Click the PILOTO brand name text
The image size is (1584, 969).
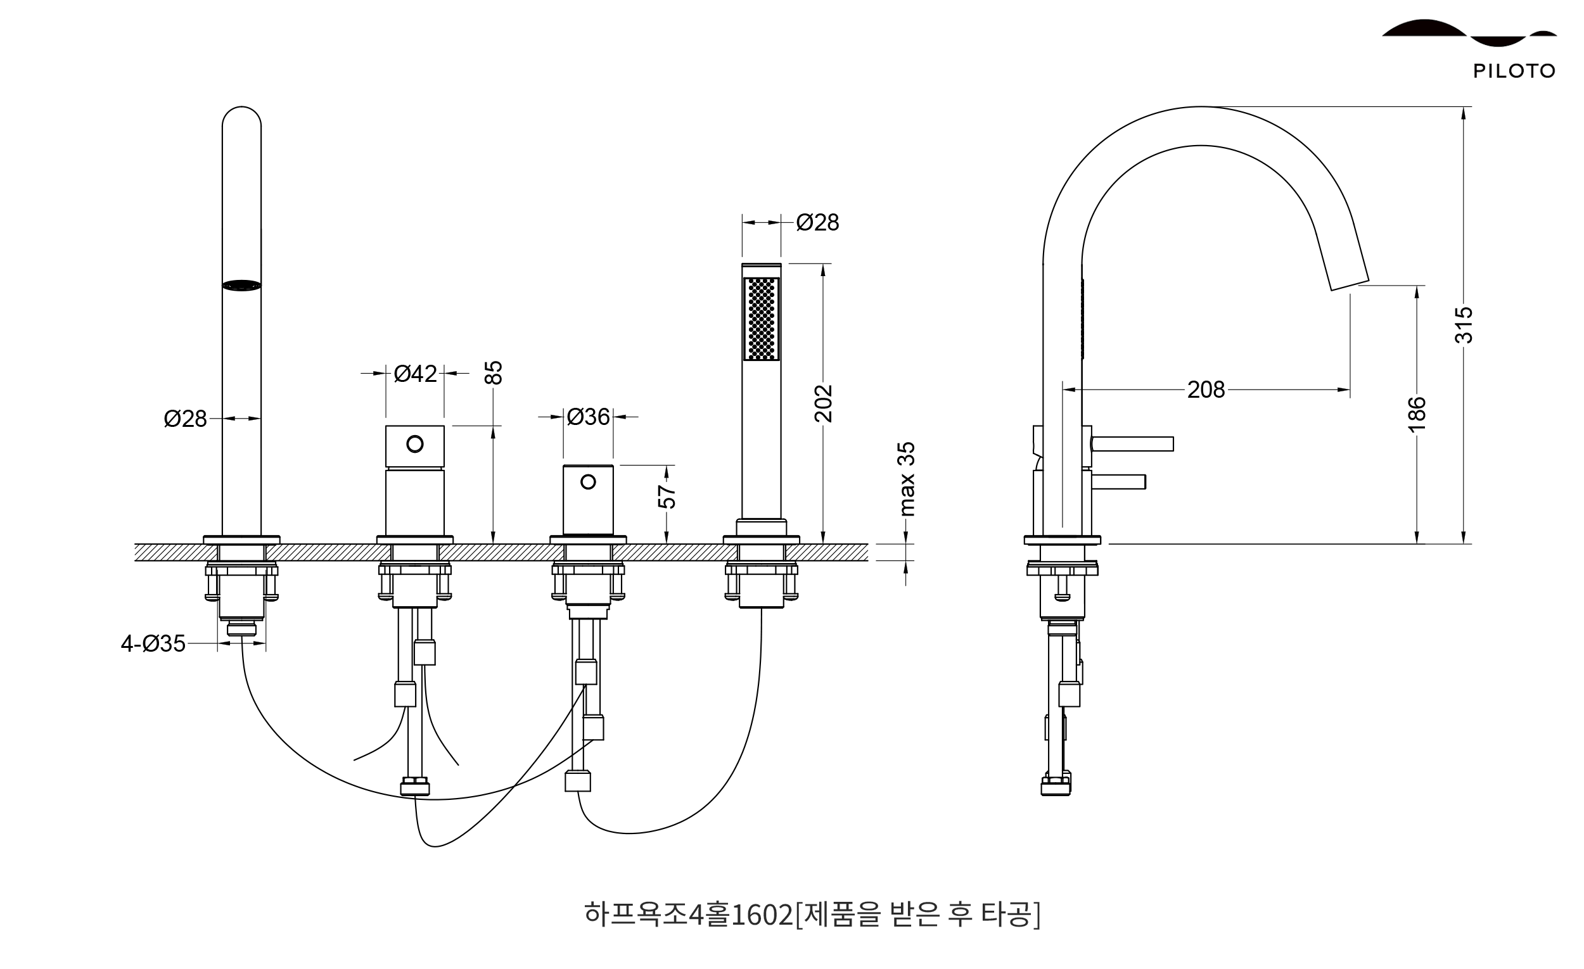[x=1514, y=71]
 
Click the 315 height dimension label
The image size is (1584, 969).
[x=1463, y=324]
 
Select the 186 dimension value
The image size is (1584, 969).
[x=1417, y=414]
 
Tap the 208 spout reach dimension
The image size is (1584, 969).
[x=1206, y=389]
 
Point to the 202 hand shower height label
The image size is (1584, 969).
[x=823, y=403]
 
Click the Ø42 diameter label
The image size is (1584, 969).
[x=415, y=373]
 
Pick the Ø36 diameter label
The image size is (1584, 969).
[x=588, y=417]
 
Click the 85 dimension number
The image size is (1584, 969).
[x=493, y=372]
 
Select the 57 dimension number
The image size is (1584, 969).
[x=667, y=496]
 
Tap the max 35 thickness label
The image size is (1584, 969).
[x=906, y=479]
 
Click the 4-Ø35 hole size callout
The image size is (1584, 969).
[x=153, y=643]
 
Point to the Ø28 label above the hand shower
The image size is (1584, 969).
[x=817, y=222]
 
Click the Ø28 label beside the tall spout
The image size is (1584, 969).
[x=185, y=419]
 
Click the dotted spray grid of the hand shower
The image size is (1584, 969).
[x=761, y=319]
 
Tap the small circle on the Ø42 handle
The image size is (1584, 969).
[x=414, y=443]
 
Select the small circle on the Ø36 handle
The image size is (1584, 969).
[x=588, y=481]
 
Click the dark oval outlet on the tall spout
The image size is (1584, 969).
[x=241, y=285]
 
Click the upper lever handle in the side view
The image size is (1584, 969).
[x=1133, y=444]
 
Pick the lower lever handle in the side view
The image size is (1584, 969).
[x=1118, y=482]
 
